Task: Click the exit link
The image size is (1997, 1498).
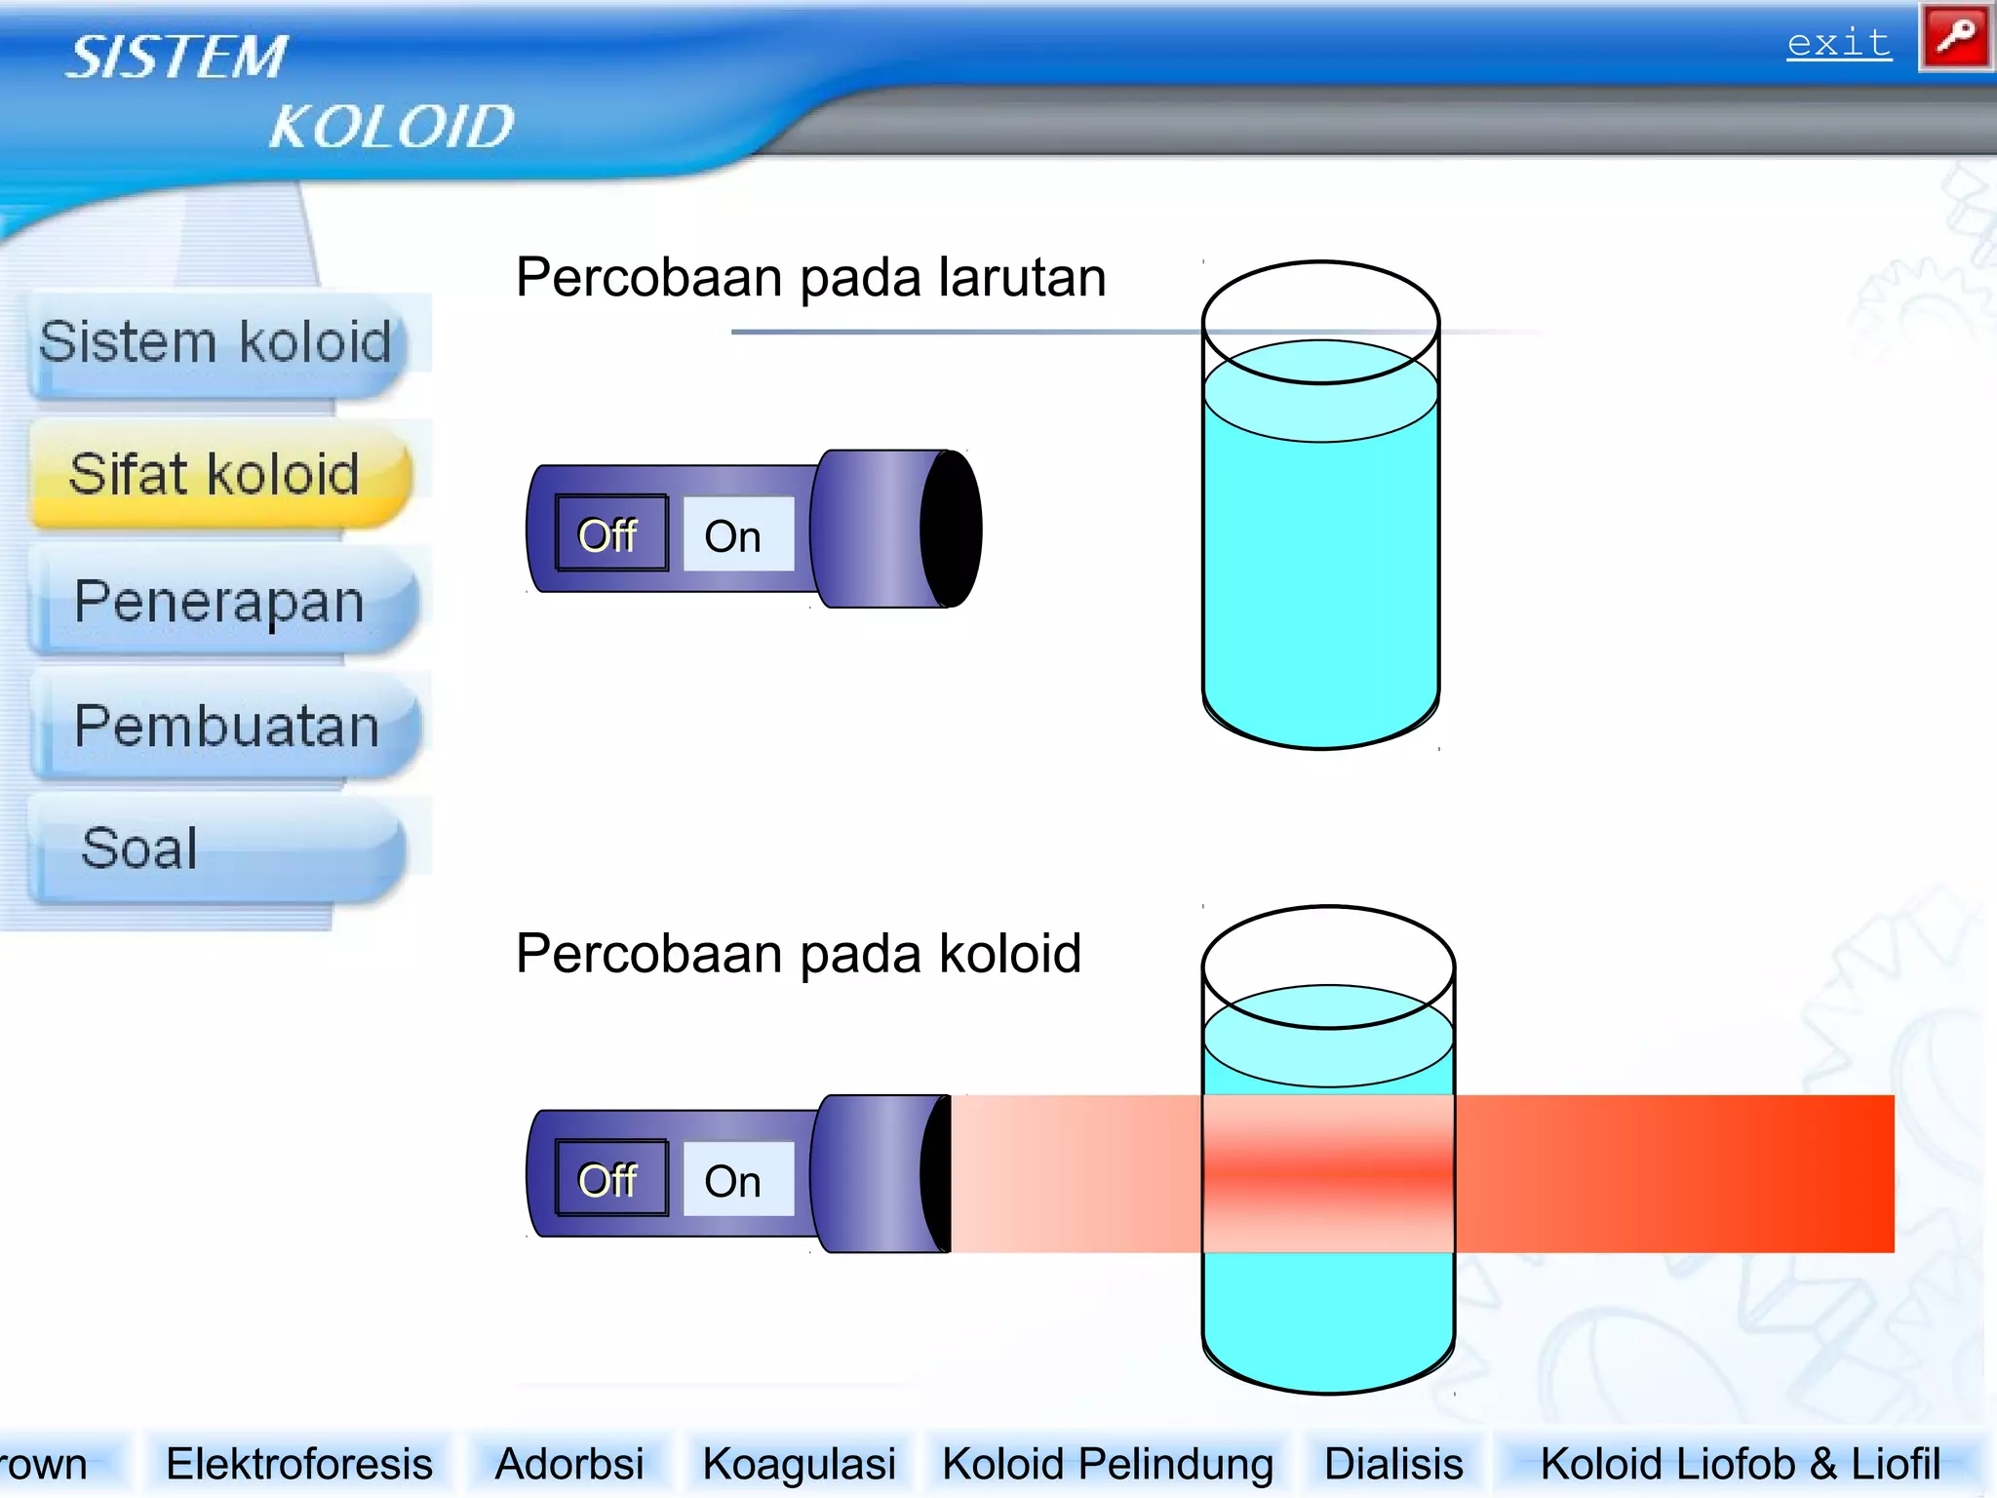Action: click(x=1838, y=44)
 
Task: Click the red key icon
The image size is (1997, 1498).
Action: click(x=1955, y=39)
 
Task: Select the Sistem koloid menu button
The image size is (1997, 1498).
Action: click(x=215, y=343)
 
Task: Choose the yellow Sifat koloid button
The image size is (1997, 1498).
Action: click(x=215, y=475)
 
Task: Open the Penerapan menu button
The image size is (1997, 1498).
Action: click(x=219, y=602)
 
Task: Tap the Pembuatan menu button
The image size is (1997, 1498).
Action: click(x=226, y=727)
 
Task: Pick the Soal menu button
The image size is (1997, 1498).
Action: click(x=140, y=848)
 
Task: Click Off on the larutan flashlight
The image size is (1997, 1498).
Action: click(x=610, y=534)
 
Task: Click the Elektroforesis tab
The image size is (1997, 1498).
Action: click(x=299, y=1464)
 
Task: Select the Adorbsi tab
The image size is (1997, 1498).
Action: click(x=569, y=1464)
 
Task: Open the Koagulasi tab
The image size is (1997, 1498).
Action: click(x=799, y=1464)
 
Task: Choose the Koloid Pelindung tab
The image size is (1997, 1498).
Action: click(x=1108, y=1464)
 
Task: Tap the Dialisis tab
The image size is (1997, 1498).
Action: click(x=1393, y=1464)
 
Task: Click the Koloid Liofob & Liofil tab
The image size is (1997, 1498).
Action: click(x=1741, y=1464)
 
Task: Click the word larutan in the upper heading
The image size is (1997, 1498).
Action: click(x=1022, y=278)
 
